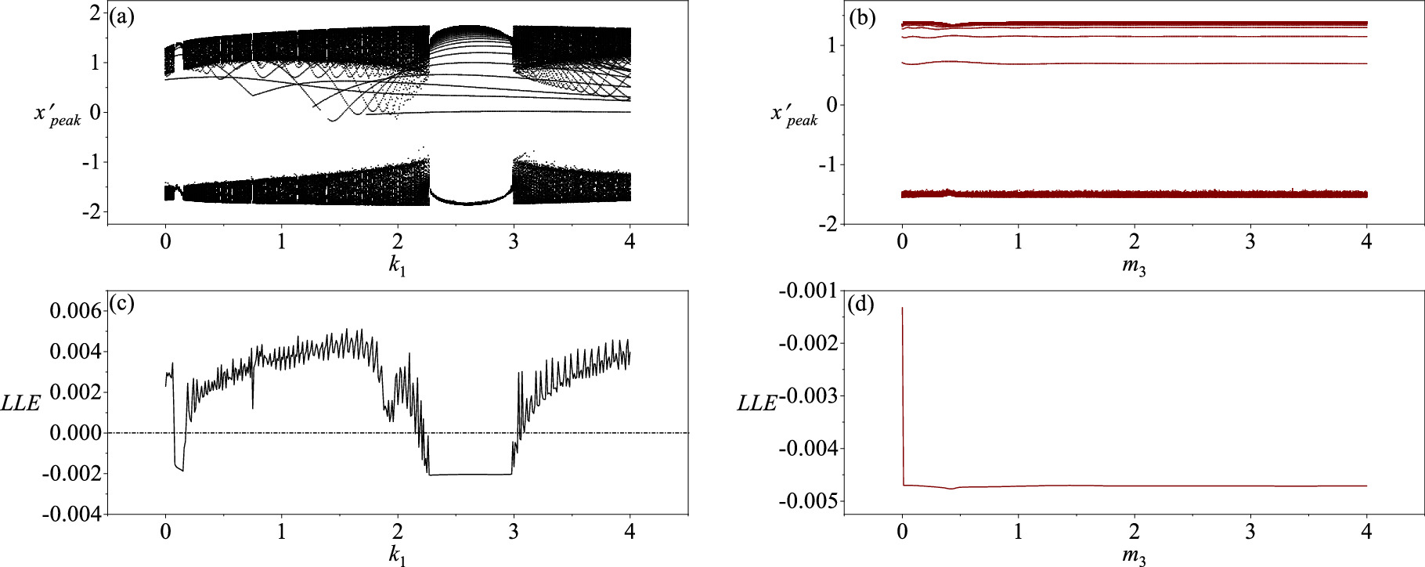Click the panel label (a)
[x=122, y=16]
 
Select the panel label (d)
[x=861, y=305]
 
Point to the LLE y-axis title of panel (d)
[x=757, y=403]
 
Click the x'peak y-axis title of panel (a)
[x=57, y=114]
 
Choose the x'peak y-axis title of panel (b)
[x=794, y=114]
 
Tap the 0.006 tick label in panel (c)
[x=76, y=311]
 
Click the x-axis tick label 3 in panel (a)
[x=514, y=242]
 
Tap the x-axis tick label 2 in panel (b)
[x=1135, y=242]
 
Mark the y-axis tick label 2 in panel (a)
[x=95, y=13]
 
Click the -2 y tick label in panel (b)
[x=828, y=224]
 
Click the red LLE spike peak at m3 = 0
[x=902, y=308]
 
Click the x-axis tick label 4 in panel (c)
[x=630, y=533]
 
